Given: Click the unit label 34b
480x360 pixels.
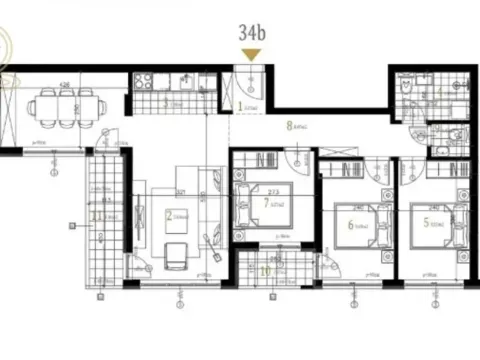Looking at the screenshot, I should (x=252, y=32).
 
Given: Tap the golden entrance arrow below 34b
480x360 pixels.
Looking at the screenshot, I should (x=252, y=54).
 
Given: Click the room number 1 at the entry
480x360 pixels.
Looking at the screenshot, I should (x=240, y=102).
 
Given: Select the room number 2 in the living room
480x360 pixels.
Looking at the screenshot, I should (x=169, y=213).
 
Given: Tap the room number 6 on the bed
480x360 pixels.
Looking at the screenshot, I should (x=350, y=225).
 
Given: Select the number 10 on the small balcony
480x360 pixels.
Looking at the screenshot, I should (x=264, y=271).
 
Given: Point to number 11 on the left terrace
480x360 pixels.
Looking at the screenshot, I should (x=96, y=213).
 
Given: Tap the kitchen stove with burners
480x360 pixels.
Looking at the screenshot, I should (x=142, y=80).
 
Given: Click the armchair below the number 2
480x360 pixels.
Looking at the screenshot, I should (x=176, y=255).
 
